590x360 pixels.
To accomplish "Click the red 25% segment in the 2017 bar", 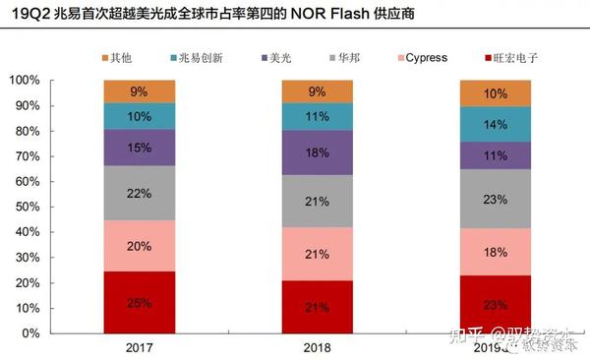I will point(139,302).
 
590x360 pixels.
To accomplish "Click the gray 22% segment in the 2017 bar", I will point(139,193).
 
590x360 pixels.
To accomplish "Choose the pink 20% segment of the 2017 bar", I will point(139,247).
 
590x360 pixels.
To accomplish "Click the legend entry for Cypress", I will point(417,58).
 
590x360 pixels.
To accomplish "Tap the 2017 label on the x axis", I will point(139,348).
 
